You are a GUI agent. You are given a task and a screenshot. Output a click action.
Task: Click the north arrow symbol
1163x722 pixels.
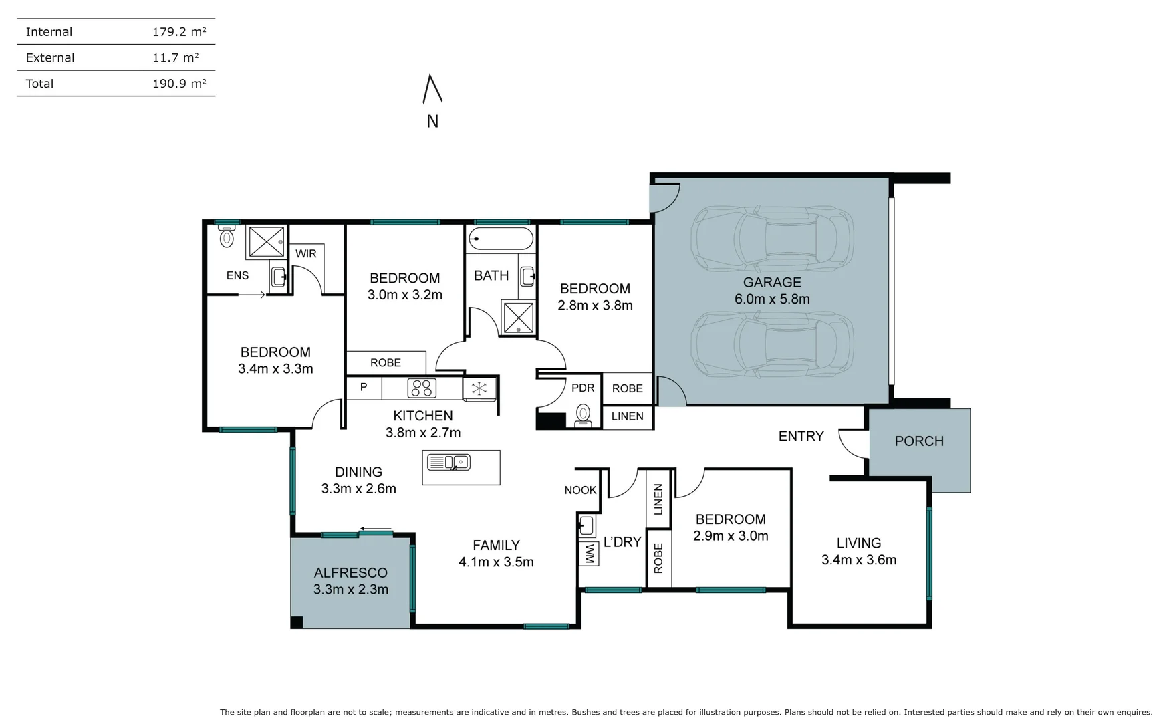[x=432, y=90]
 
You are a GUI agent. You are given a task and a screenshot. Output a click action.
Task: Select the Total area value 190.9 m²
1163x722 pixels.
[x=178, y=84]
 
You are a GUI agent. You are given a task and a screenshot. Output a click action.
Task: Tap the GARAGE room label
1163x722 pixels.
[x=772, y=282]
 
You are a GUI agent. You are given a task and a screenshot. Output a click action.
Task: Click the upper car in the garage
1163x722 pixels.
[x=772, y=238]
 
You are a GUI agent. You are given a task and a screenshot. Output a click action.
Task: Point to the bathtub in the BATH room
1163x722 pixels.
[x=501, y=238]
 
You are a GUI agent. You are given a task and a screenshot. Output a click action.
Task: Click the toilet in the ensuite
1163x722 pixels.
[x=227, y=236]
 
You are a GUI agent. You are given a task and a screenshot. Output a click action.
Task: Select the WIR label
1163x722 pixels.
[x=305, y=254]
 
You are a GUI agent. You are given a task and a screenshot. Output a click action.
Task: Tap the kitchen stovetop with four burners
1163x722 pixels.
[x=422, y=388]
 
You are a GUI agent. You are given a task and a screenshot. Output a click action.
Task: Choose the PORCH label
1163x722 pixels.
[x=919, y=441]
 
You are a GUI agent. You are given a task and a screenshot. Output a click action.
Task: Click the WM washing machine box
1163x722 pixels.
[x=590, y=553]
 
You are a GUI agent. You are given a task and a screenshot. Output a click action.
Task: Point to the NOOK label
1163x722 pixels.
[x=579, y=490]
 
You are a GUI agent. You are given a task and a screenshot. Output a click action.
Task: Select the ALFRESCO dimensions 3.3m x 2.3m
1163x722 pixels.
[x=350, y=590]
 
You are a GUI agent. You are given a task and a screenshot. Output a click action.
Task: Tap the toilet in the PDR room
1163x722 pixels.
[x=583, y=415]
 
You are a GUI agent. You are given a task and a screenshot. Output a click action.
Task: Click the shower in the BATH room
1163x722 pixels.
[x=519, y=317]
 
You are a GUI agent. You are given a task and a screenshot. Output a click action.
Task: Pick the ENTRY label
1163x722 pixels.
[x=801, y=436]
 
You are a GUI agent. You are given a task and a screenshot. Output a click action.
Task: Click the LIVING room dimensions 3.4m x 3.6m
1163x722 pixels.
[x=858, y=560]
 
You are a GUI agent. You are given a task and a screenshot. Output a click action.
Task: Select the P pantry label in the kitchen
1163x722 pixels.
[x=364, y=387]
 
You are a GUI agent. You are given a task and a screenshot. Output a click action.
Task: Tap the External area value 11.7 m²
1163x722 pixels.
[x=175, y=58]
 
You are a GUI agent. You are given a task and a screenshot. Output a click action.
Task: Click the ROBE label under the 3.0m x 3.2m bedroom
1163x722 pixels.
[x=386, y=363]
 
